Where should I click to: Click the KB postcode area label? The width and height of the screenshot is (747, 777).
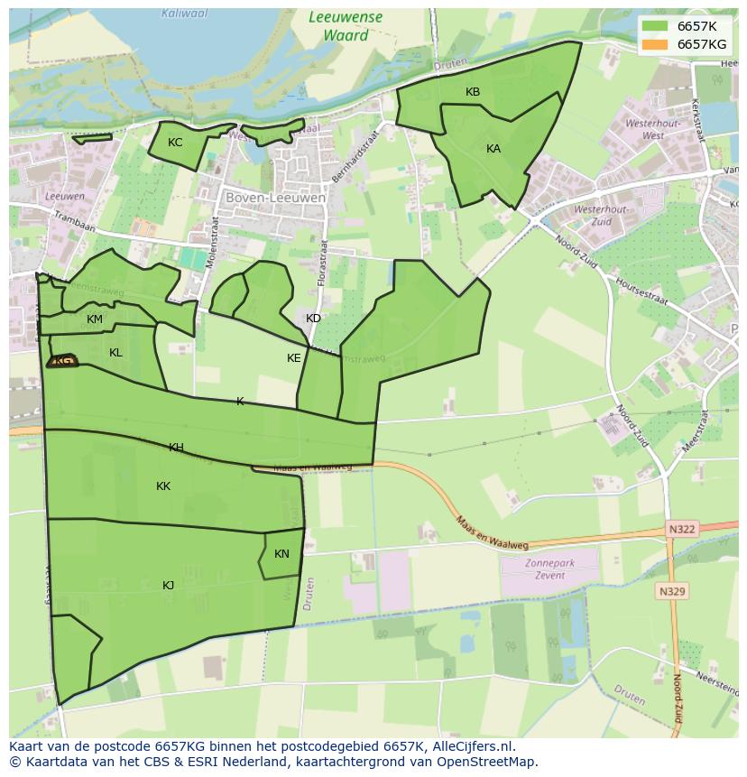pyautogui.click(x=473, y=92)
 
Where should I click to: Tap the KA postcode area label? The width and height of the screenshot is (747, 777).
pyautogui.click(x=493, y=149)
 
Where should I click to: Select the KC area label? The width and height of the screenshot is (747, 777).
pyautogui.click(x=175, y=143)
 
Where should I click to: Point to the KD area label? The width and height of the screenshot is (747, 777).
pyautogui.click(x=313, y=319)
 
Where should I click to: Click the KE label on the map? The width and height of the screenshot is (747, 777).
pyautogui.click(x=293, y=358)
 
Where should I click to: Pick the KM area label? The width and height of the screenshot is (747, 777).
pyautogui.click(x=95, y=319)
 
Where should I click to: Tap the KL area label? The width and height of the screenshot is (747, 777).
pyautogui.click(x=115, y=353)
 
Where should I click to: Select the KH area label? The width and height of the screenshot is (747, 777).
pyautogui.click(x=176, y=448)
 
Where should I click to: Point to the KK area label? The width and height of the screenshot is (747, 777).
pyautogui.click(x=163, y=486)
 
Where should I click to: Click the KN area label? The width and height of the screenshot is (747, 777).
pyautogui.click(x=281, y=554)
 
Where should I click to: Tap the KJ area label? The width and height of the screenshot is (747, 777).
pyautogui.click(x=168, y=586)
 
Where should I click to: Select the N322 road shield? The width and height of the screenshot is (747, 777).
pyautogui.click(x=683, y=529)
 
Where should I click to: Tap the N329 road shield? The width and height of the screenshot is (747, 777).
pyautogui.click(x=672, y=592)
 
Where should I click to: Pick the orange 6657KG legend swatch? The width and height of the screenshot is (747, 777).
pyautogui.click(x=655, y=43)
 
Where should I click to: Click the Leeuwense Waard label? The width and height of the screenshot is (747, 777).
pyautogui.click(x=346, y=26)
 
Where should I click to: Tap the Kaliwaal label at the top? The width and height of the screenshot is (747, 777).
pyautogui.click(x=183, y=13)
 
